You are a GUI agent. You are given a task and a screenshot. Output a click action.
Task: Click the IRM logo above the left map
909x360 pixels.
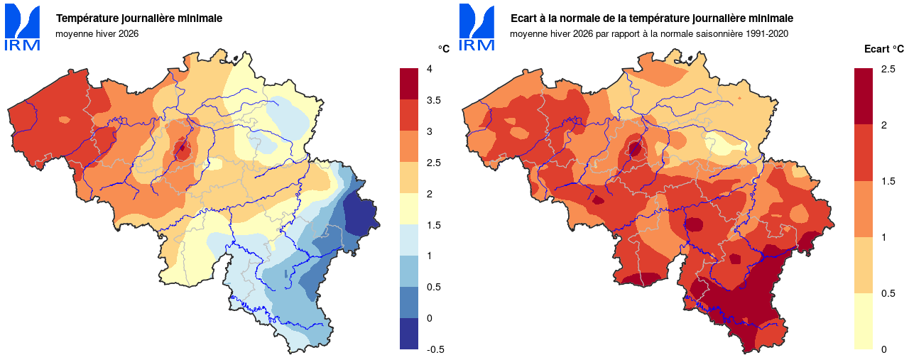23,28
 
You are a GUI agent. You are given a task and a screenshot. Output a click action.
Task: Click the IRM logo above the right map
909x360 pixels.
477,28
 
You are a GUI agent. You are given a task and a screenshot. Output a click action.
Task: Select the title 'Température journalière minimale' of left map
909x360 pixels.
138,18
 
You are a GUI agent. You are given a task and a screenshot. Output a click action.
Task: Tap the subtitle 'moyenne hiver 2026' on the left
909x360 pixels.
97,33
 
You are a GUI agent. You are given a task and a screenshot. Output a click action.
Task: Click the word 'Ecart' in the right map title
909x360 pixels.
525,18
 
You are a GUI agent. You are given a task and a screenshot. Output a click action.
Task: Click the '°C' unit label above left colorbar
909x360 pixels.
443,49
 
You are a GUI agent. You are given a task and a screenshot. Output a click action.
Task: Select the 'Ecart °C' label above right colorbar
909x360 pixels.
883,49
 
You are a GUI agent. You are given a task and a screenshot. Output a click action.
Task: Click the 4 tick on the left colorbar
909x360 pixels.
429,69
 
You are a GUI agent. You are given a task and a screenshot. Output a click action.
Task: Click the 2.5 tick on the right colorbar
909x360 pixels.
888,69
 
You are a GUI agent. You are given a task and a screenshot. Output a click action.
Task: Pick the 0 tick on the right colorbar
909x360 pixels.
883,349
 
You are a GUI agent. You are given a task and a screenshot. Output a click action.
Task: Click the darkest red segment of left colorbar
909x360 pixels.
410,84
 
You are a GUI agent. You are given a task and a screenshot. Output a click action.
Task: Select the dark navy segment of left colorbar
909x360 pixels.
410,334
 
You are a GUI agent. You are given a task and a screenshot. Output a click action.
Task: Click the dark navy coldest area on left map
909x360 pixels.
360,212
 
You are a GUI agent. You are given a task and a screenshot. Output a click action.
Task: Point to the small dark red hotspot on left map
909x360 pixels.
183,149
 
